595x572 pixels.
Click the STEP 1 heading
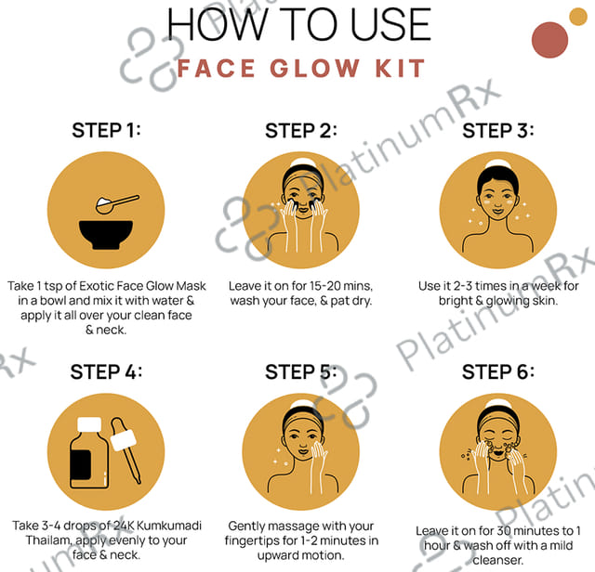106,130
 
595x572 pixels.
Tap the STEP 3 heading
498,130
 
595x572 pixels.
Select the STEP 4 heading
106,371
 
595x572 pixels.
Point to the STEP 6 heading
498,371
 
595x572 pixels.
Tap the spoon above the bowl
117,204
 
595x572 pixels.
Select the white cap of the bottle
89,423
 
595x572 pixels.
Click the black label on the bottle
81,464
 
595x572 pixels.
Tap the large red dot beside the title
549,40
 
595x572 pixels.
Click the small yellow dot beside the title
578,17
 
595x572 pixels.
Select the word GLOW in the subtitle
314,69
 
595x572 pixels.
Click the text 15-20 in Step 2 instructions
325,286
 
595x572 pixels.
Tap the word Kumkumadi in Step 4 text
169,526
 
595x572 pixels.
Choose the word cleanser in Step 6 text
498,560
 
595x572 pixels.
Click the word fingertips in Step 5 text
252,540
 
